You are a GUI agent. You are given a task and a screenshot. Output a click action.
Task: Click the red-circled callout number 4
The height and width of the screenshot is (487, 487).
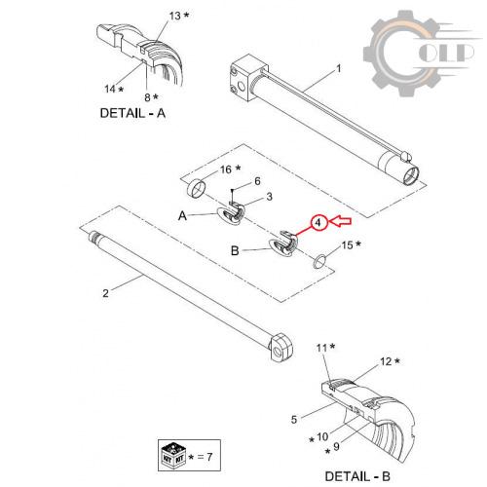pos(318,223)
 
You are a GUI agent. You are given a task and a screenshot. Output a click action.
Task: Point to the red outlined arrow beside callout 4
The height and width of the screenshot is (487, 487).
pos(340,221)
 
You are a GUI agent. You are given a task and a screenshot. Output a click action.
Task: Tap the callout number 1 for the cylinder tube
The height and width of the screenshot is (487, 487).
pos(339,68)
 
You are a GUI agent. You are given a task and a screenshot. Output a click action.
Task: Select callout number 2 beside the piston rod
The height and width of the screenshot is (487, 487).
pos(105,293)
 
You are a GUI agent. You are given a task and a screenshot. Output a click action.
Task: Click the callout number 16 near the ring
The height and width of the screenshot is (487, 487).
pos(226,169)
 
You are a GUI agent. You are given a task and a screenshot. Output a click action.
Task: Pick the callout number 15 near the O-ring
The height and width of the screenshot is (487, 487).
pos(347,245)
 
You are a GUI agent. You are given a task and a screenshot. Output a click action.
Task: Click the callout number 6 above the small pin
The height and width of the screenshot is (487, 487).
pos(257,181)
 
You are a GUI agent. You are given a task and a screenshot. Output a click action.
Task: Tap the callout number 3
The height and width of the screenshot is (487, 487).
pos(269,197)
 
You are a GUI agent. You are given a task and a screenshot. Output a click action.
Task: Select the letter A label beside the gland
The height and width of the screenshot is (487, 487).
pos(182,215)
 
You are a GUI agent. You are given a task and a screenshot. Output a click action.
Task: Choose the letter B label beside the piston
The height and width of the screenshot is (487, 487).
pos(235,250)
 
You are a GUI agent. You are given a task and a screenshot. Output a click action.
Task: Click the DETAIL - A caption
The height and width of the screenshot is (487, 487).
pos(132,113)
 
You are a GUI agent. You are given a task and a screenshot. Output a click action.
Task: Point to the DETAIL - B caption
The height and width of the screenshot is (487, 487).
pos(357,476)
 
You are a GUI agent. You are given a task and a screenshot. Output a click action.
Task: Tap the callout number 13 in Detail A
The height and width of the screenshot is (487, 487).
pos(175,16)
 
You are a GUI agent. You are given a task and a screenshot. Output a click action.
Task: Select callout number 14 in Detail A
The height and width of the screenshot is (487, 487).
pos(110,89)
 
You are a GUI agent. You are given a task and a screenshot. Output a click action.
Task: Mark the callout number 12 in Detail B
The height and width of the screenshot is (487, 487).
pos(386,361)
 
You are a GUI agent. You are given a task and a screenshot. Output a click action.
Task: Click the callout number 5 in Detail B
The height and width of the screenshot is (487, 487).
pos(294,420)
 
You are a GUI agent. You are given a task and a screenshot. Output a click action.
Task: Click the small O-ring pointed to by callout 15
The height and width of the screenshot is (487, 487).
pos(319,261)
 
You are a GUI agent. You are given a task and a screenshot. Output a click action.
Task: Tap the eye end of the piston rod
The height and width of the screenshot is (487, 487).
pos(281,347)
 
